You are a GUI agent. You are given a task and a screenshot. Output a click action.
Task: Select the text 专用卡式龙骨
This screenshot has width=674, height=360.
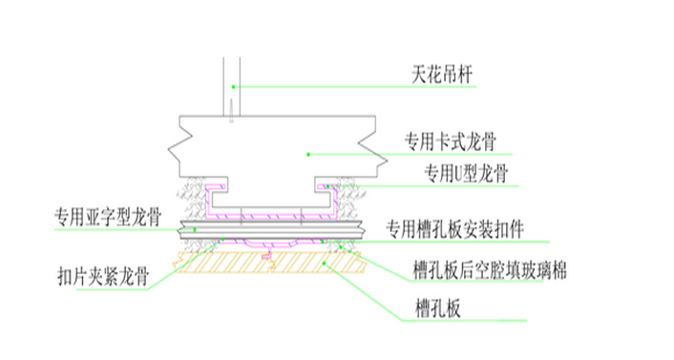452,139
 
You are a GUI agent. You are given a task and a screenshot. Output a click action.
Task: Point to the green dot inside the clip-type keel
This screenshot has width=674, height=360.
306,153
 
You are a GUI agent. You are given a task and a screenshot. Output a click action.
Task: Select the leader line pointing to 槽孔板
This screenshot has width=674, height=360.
382,297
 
